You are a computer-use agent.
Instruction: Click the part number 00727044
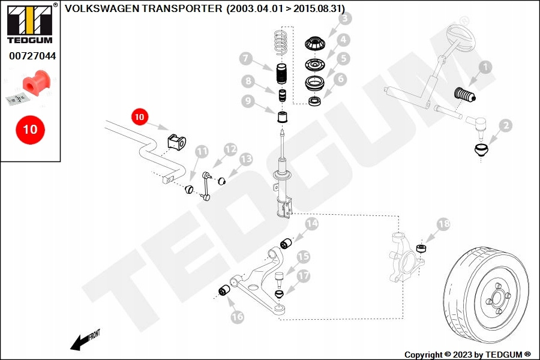(x=32, y=56)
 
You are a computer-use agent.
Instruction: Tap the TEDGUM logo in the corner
(x=30, y=23)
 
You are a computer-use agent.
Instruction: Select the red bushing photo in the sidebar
(x=37, y=82)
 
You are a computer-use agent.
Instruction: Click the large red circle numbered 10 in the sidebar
(x=31, y=130)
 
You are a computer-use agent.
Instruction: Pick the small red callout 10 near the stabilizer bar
(x=139, y=117)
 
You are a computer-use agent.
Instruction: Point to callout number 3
(x=345, y=18)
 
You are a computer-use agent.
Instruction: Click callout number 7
(x=246, y=59)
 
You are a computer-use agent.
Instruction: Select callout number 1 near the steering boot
(x=485, y=67)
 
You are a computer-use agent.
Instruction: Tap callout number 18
(x=443, y=224)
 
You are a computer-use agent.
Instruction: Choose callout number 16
(x=237, y=317)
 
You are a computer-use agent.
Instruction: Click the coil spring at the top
(x=281, y=43)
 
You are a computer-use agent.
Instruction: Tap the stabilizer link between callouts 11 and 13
(x=206, y=185)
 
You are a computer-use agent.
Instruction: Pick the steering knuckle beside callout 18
(x=406, y=257)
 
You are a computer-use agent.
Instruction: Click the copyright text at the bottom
(x=467, y=355)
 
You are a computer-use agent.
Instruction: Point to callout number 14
(x=311, y=224)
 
